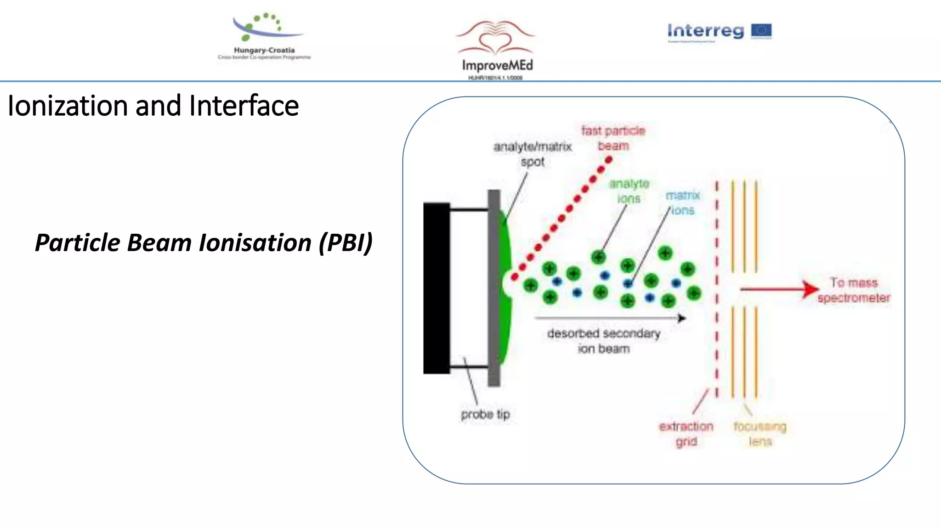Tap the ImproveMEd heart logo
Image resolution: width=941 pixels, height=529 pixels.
495,39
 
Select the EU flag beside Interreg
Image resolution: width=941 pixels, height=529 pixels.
761,31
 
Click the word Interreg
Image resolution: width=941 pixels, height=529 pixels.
705,31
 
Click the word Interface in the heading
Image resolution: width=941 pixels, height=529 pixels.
244,106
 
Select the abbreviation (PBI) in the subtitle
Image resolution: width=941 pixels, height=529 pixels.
346,242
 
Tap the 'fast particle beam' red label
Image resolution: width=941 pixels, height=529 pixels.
613,138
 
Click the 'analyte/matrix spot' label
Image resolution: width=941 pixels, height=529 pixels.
533,154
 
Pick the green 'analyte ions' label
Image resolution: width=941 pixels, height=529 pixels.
629,191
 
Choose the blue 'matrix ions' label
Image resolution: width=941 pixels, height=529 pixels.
683,203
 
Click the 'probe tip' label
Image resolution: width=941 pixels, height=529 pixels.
485,414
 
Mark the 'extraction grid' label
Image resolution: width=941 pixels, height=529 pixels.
686,433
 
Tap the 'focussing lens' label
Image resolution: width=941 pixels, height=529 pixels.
760,433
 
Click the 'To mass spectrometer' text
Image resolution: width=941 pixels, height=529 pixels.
854,290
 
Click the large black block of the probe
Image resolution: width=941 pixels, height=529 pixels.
436,288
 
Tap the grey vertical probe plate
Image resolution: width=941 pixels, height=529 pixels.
494,288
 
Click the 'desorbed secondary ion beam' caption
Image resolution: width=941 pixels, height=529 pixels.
604,341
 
